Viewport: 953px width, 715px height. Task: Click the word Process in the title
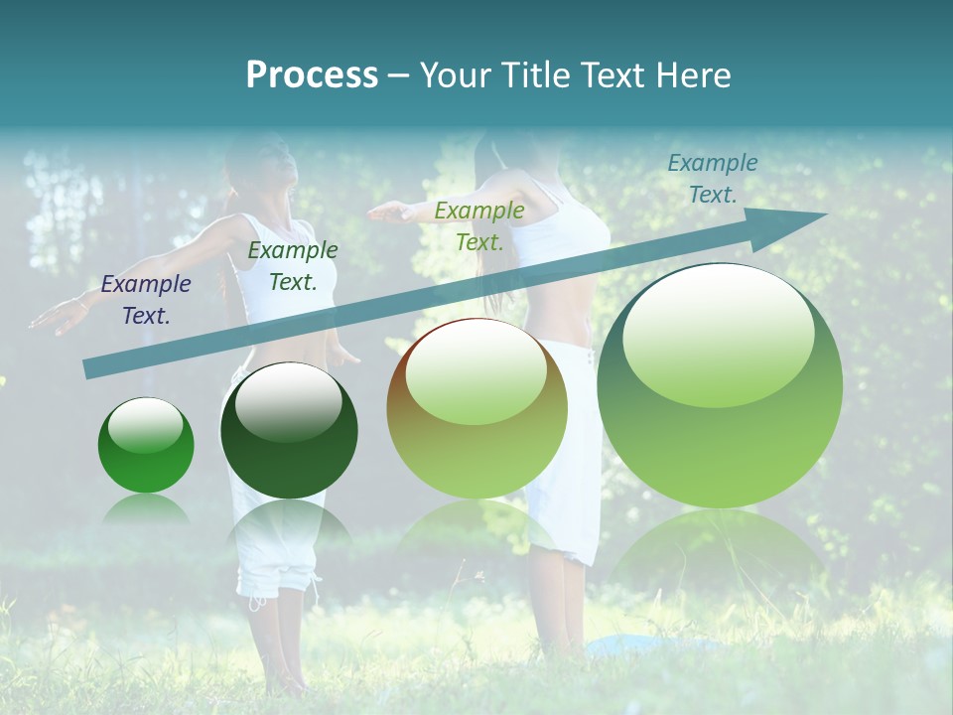312,74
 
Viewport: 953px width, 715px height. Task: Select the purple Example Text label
146,299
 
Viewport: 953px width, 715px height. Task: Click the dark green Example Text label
293,265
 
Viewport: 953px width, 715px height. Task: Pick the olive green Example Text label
479,225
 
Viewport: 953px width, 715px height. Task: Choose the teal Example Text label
713,178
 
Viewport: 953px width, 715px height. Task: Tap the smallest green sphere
146,445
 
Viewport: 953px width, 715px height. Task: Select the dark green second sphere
289,430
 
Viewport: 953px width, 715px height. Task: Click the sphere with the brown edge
476,408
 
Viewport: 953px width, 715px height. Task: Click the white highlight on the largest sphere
718,333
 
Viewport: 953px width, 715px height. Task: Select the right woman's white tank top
566,238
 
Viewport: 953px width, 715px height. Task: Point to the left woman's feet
283,680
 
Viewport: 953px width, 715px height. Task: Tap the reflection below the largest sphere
717,551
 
